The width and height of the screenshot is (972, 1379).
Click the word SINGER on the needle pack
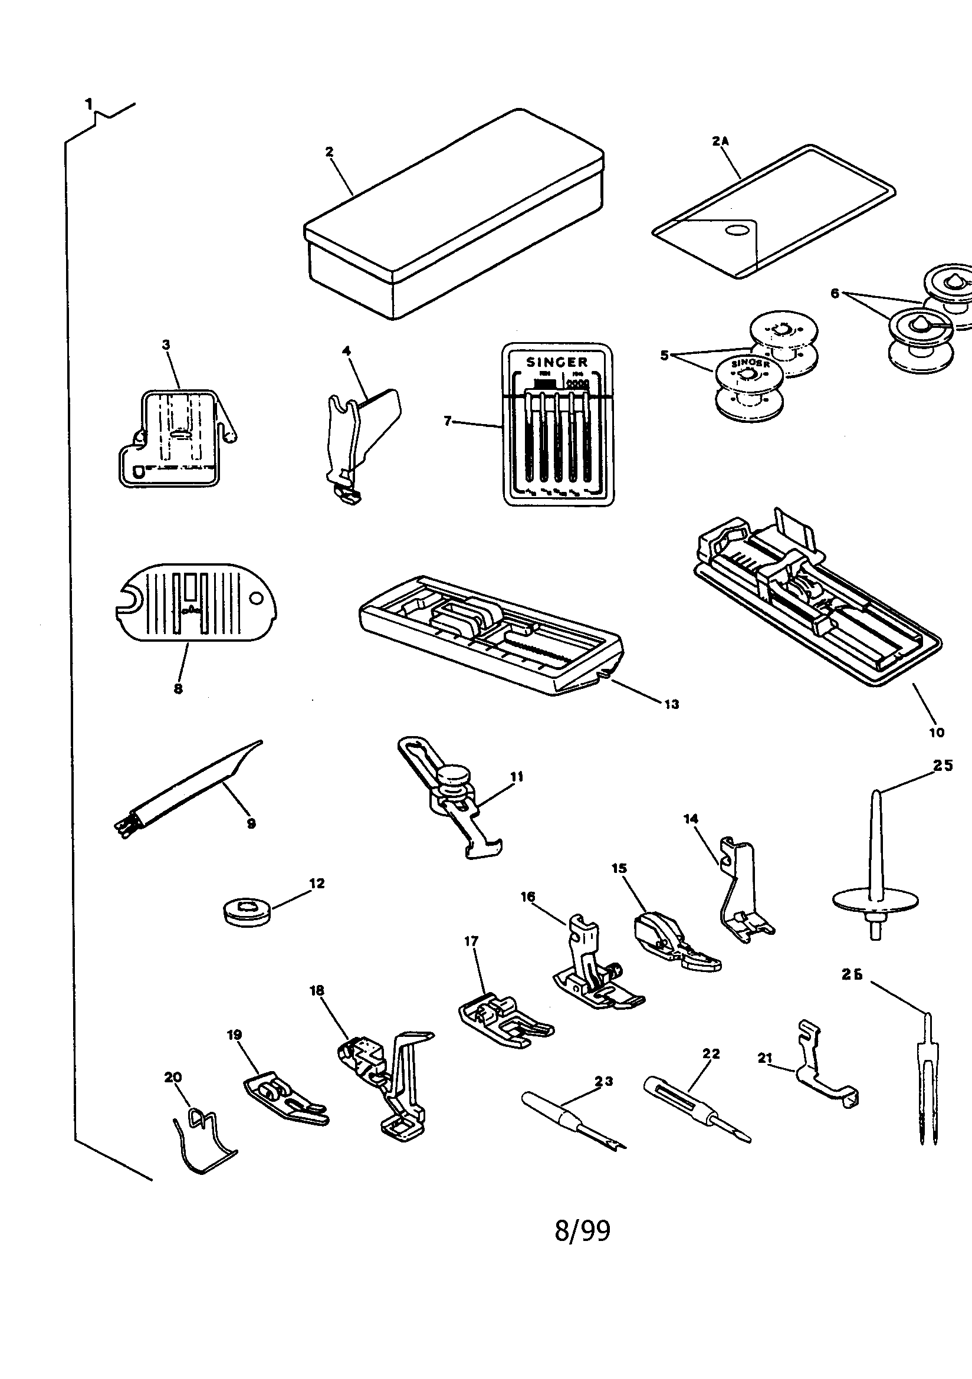coord(557,362)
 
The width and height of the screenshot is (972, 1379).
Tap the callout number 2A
coord(720,141)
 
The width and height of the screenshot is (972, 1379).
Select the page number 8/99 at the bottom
coord(582,1230)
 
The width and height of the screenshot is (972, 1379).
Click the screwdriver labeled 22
coord(691,1104)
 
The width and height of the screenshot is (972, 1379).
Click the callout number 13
coord(671,704)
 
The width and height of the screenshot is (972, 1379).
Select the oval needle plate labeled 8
coord(195,602)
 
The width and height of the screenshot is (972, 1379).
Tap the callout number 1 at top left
coord(89,104)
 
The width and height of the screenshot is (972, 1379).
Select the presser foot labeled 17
coord(501,1018)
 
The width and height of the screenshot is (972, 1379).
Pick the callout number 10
coord(937,732)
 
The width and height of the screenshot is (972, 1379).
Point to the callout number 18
coord(317,990)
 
